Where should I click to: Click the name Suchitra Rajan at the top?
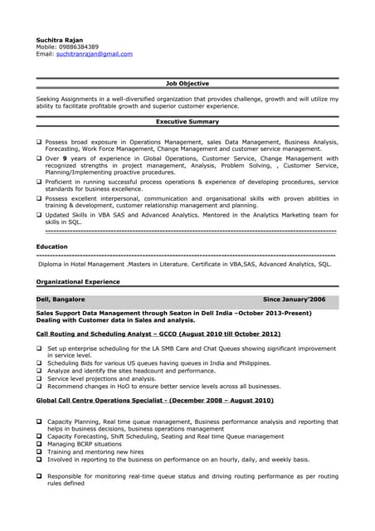tap(60, 40)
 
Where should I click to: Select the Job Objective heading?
tap(187, 84)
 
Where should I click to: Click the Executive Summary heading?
tap(187, 122)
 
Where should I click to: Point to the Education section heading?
tap(52, 246)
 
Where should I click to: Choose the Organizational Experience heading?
tap(78, 282)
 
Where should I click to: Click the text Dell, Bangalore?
tap(61, 299)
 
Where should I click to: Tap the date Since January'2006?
tap(295, 299)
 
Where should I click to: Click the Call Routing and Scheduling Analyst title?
tap(140, 334)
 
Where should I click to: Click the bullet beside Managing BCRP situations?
tap(39, 444)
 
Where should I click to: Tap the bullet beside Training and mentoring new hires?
tap(39, 451)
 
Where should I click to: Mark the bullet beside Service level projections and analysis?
tap(39, 378)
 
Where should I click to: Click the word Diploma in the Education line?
tap(55, 264)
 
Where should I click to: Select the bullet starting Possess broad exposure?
tap(39, 142)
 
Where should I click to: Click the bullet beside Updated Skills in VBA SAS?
tap(39, 215)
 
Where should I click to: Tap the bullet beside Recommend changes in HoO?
tap(39, 386)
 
